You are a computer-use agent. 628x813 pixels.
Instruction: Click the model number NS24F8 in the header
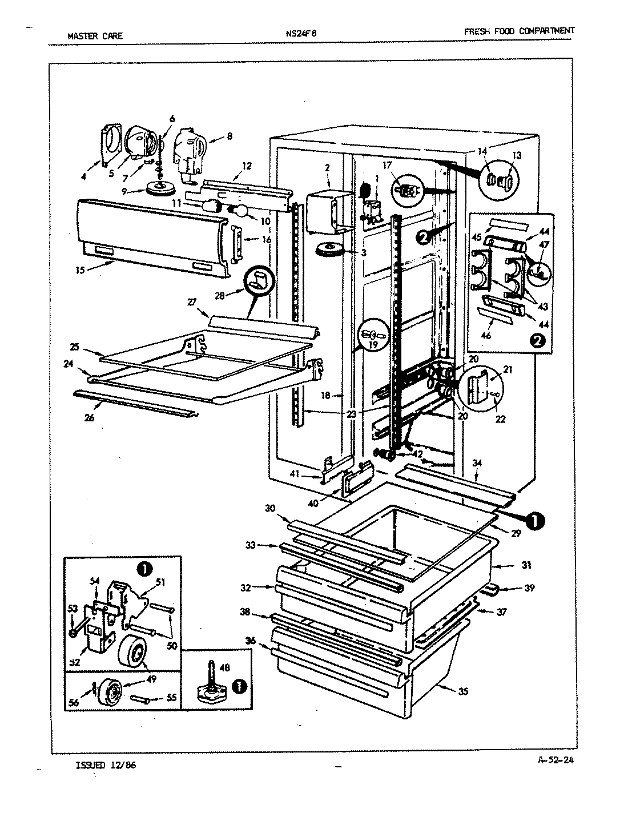point(300,33)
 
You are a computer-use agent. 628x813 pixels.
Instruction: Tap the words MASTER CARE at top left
point(95,35)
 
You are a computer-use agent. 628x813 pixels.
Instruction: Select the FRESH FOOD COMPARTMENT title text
point(519,31)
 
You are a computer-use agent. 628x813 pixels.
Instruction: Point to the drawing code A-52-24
point(556,760)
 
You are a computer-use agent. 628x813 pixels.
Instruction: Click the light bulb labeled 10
point(239,211)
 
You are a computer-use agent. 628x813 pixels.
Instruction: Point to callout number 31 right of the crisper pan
point(526,565)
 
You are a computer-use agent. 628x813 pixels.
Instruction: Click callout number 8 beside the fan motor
point(230,136)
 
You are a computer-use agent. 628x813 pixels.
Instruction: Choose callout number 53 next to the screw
point(73,610)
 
